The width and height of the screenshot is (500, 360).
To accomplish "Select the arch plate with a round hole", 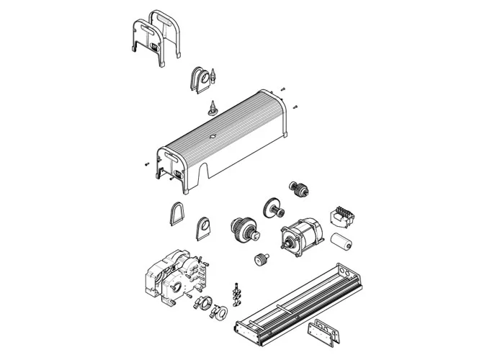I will point(205,228).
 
